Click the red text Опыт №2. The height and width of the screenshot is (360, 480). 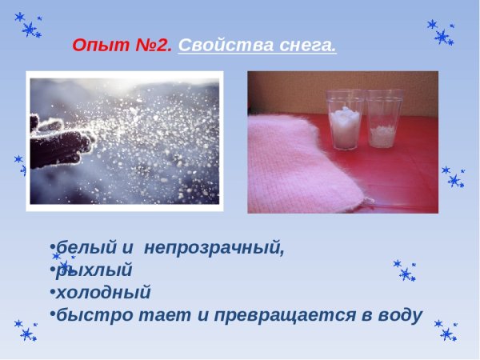tap(122, 45)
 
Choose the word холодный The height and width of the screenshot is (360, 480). tap(103, 292)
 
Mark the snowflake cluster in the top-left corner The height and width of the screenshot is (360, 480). tap(30, 26)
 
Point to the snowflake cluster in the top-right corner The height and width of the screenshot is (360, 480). tap(442, 33)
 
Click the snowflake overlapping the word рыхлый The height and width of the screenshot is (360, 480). tap(62, 263)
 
